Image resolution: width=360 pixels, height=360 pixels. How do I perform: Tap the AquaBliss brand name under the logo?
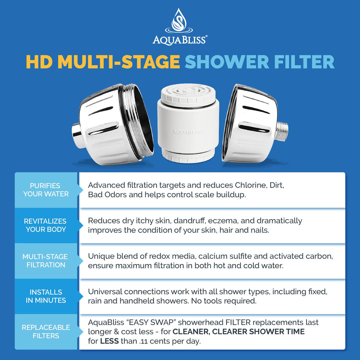[x=180, y=39]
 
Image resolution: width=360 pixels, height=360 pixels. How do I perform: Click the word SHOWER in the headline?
[x=227, y=61]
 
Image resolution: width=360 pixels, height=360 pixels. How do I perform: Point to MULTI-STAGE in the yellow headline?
[x=118, y=61]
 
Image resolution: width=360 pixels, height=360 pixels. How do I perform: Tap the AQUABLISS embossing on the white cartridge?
[x=188, y=132]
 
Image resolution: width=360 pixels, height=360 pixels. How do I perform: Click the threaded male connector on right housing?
[x=282, y=132]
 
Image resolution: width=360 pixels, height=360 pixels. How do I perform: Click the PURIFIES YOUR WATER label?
[x=46, y=190]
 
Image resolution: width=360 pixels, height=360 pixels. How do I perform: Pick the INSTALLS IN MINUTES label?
[x=46, y=296]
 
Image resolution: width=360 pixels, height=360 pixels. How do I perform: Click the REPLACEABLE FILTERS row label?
[x=46, y=332]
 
